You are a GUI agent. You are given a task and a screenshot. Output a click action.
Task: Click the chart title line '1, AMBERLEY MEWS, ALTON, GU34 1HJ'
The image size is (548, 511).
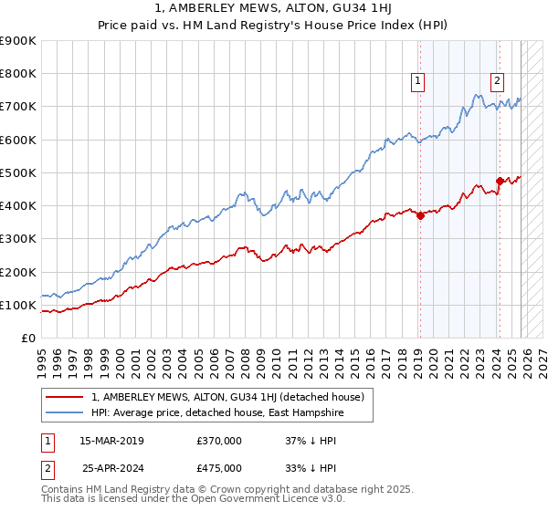pos(273,8)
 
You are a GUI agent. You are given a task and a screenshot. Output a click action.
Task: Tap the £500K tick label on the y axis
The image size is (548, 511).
pos(17,172)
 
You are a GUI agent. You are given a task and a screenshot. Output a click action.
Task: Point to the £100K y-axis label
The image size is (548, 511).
pos(17,305)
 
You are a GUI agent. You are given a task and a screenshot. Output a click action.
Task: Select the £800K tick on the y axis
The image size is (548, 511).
pos(17,74)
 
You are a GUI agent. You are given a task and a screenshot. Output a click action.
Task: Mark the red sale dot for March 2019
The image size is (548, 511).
pos(420,216)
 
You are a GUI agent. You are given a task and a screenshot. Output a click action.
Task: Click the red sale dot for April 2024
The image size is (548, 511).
pos(500,181)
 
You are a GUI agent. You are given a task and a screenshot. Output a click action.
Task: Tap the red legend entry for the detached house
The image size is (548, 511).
pos(228,397)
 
